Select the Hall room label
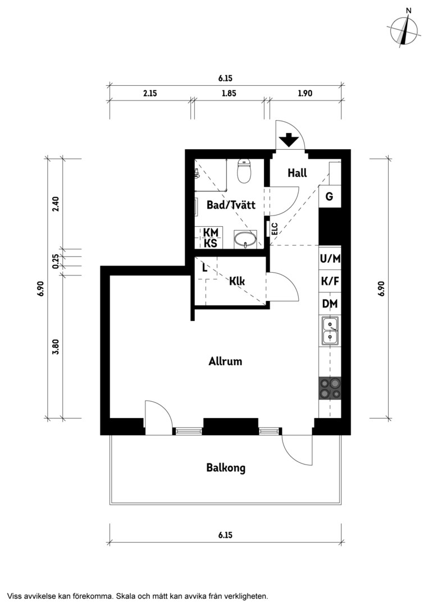click(297, 173)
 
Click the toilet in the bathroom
click(244, 171)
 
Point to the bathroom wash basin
click(245, 239)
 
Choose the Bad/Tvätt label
click(231, 204)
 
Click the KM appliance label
click(211, 232)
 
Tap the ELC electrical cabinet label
click(275, 229)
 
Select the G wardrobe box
click(330, 196)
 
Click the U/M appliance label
click(330, 258)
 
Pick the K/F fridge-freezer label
click(330, 281)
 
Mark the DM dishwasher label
click(330, 304)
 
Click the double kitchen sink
click(330, 331)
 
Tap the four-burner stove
click(330, 388)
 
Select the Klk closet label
click(237, 281)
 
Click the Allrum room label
click(225, 361)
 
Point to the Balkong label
click(226, 468)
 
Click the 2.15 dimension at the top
click(150, 93)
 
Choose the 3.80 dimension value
click(56, 347)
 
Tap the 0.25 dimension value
click(56, 261)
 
